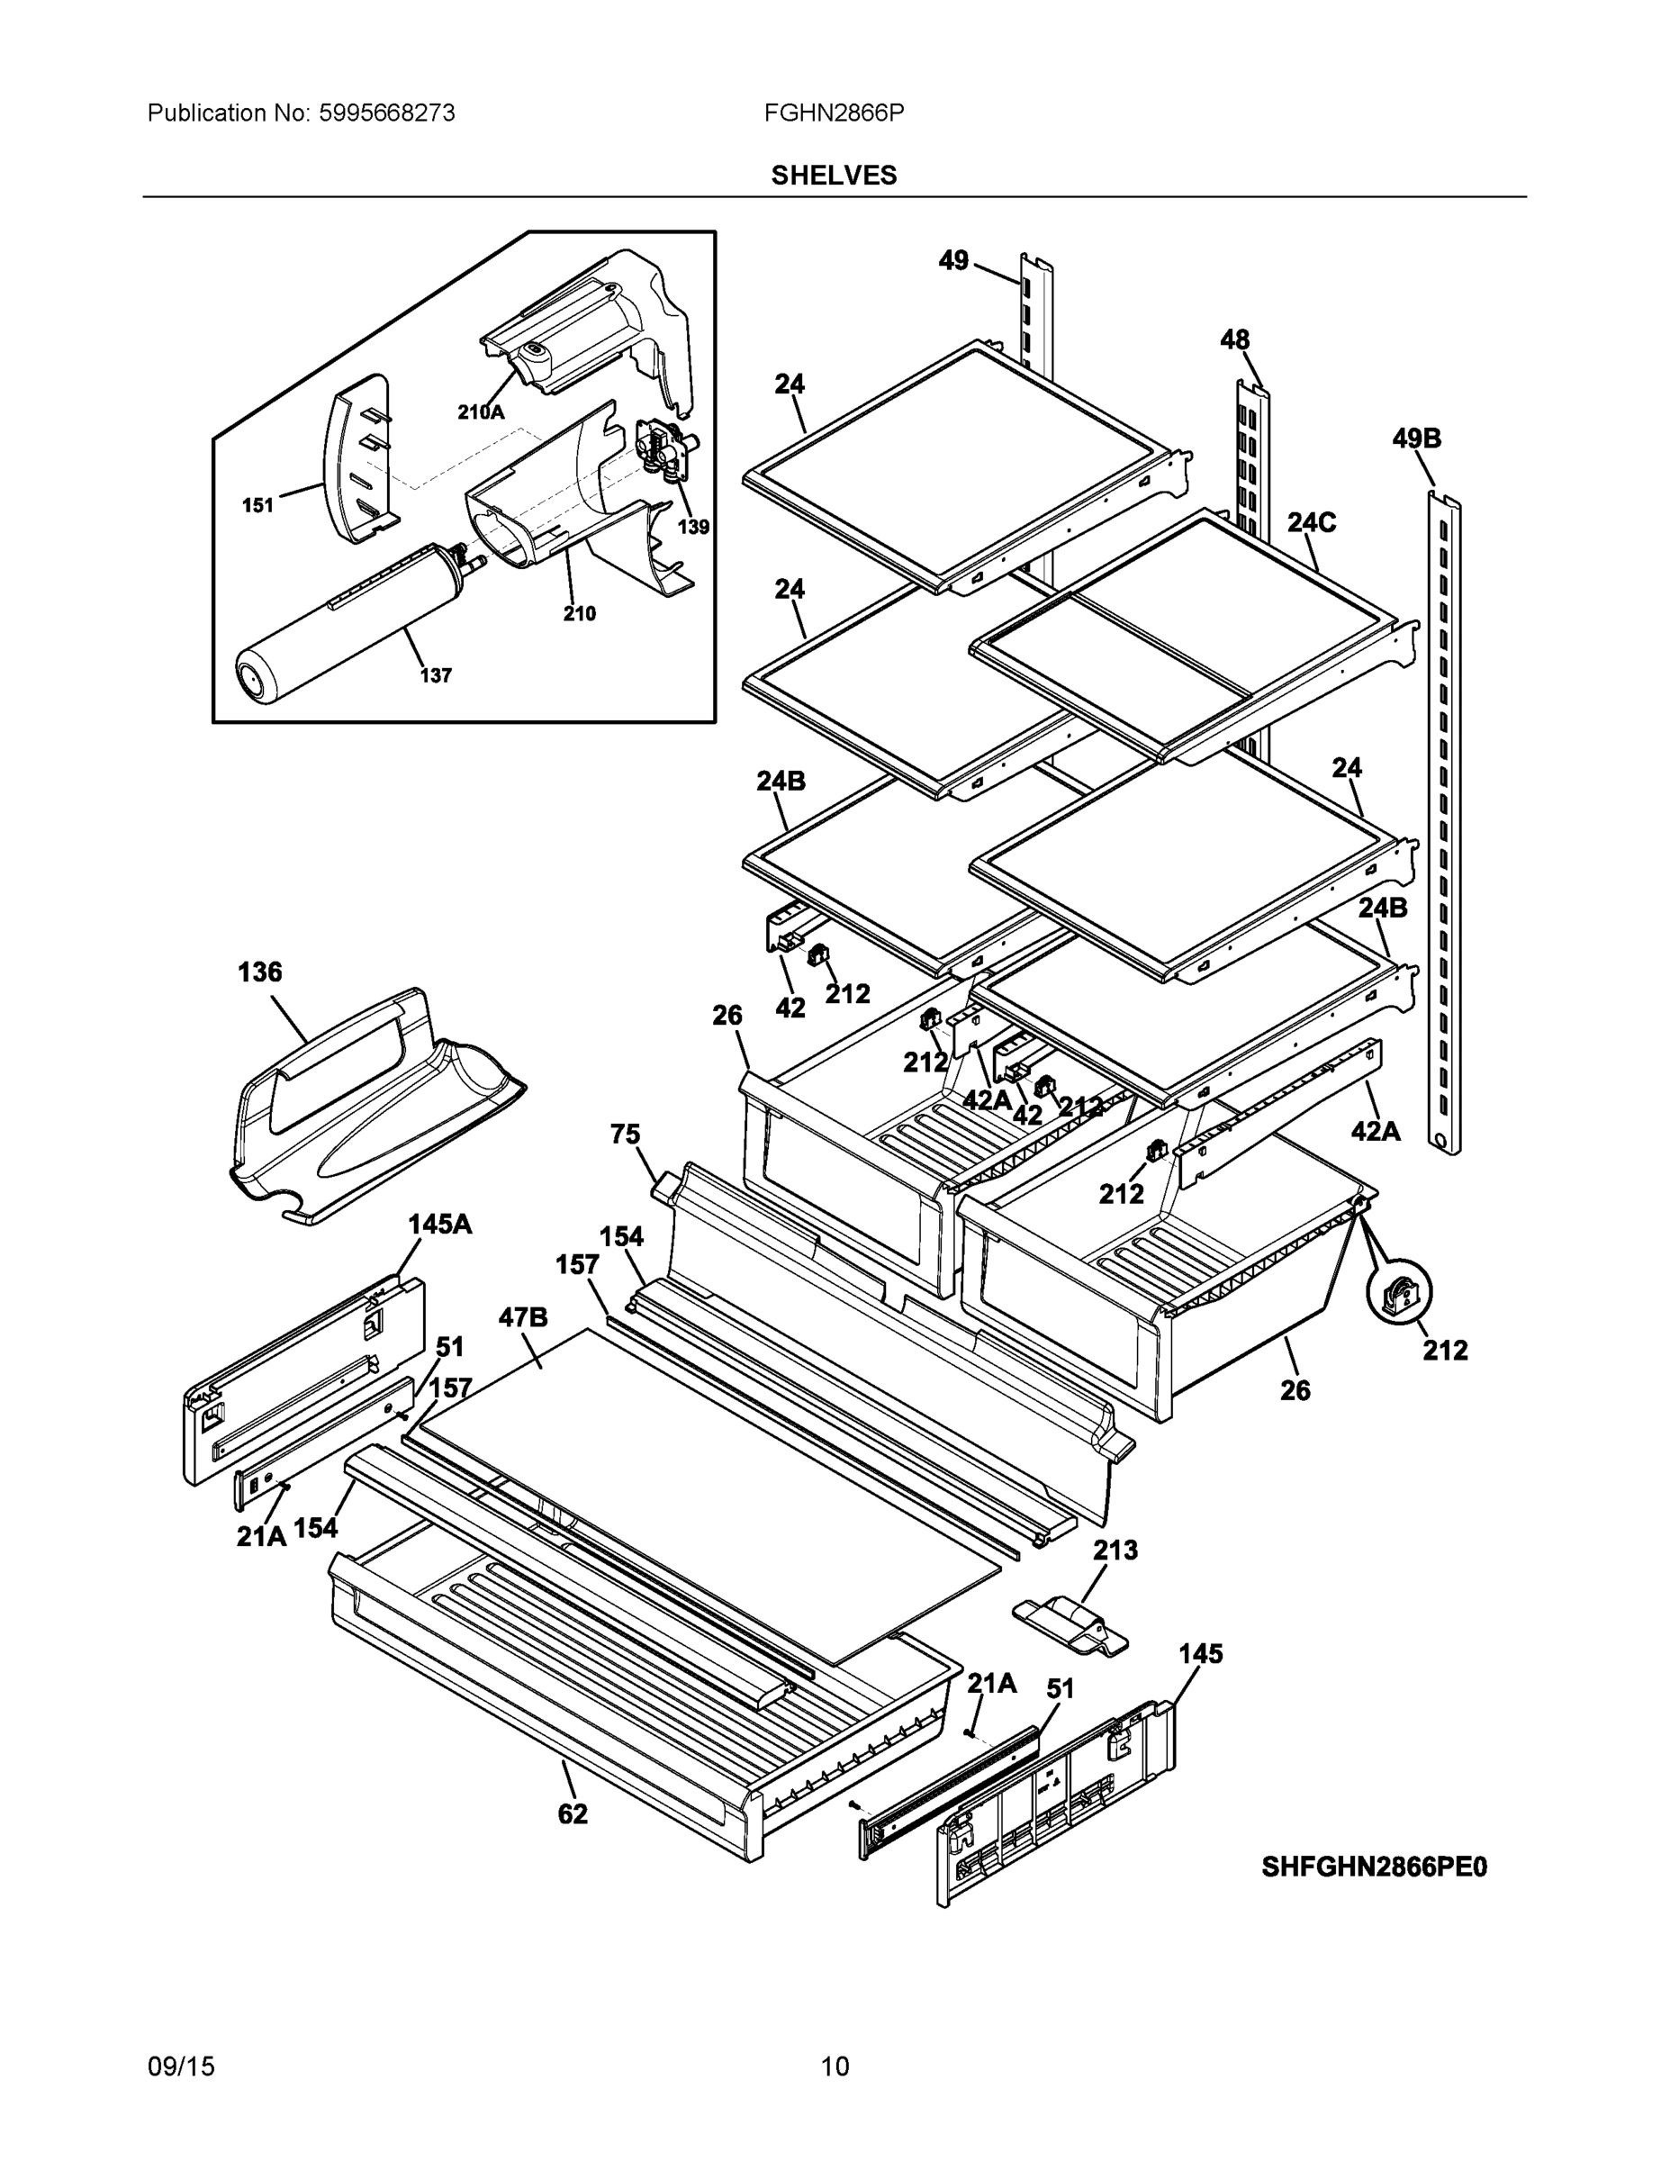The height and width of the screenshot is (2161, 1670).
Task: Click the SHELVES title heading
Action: pos(833,176)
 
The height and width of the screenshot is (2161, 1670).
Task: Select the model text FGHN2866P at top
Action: pos(833,113)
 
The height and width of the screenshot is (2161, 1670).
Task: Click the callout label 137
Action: pos(436,676)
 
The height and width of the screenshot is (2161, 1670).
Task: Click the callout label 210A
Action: pos(480,412)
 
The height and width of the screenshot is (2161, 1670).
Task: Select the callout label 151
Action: pos(257,506)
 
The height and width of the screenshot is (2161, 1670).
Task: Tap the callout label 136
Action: pos(259,972)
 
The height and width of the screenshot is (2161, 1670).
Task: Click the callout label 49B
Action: pos(1416,439)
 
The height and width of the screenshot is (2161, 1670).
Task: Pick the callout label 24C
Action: pos(1311,522)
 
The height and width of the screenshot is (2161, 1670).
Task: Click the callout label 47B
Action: pos(522,1317)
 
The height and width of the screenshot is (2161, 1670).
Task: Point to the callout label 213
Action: pos(1115,1550)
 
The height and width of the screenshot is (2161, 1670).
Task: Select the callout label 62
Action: pos(572,1813)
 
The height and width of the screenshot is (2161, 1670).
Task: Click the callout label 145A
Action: pos(439,1224)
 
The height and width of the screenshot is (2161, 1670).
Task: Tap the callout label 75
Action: pos(626,1134)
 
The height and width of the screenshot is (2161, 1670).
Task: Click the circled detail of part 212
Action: pos(1399,1293)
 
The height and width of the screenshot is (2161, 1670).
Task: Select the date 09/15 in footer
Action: pos(181,2066)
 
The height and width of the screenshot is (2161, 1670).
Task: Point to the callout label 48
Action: pos(1233,339)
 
